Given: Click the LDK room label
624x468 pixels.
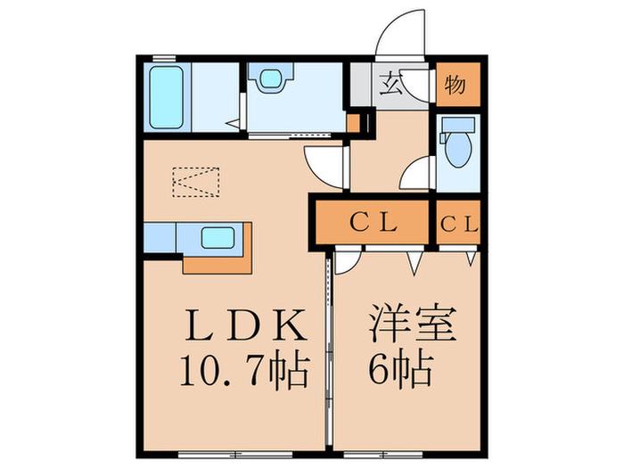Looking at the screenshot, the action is pyautogui.click(x=247, y=325).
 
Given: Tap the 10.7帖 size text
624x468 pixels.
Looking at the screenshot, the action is pyautogui.click(x=245, y=371).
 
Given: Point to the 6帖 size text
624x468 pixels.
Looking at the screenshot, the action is pyautogui.click(x=401, y=369).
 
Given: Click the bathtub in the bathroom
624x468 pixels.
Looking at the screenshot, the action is pyautogui.click(x=167, y=97).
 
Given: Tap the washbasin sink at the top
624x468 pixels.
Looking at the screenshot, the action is pyautogui.click(x=271, y=78).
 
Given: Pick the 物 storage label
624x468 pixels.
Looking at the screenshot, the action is pyautogui.click(x=455, y=85).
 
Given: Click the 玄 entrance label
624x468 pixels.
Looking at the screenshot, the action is pyautogui.click(x=390, y=85).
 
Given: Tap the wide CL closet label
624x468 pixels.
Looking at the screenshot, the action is pyautogui.click(x=373, y=223).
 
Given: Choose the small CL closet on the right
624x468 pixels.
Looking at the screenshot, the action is pyautogui.click(x=458, y=224).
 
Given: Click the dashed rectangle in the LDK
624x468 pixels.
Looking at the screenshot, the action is pyautogui.click(x=196, y=182).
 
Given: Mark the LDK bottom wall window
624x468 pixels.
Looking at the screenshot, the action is pyautogui.click(x=235, y=453).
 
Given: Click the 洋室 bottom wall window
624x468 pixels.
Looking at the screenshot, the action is pyautogui.click(x=383, y=453).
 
